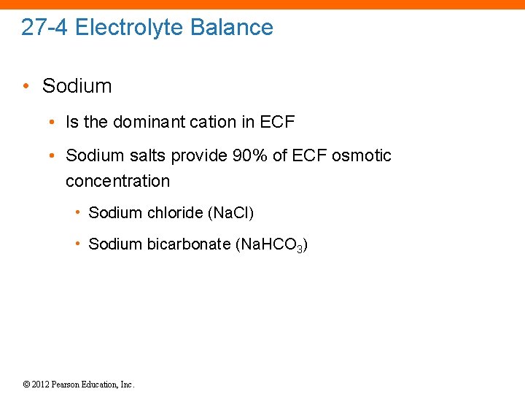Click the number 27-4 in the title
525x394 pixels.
tap(45, 28)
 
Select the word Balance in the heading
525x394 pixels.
tap(232, 28)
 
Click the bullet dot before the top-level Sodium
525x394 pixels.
tap(26, 86)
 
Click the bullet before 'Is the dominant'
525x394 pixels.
tap(52, 122)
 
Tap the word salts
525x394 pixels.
tap(145, 155)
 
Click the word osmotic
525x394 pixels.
tap(362, 155)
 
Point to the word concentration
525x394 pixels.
tap(117, 181)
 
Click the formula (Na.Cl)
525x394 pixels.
tap(231, 213)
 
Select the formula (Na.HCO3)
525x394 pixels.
tap(271, 245)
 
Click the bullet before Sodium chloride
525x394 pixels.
tap(77, 212)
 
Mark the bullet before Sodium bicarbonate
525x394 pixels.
tap(77, 244)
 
